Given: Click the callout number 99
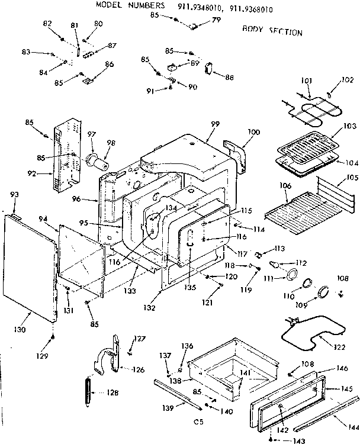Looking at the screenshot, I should click(x=215, y=123).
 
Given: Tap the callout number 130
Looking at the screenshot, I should click(x=20, y=330).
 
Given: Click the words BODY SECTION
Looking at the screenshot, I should click(x=272, y=31).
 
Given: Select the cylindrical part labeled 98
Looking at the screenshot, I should click(x=98, y=160).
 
